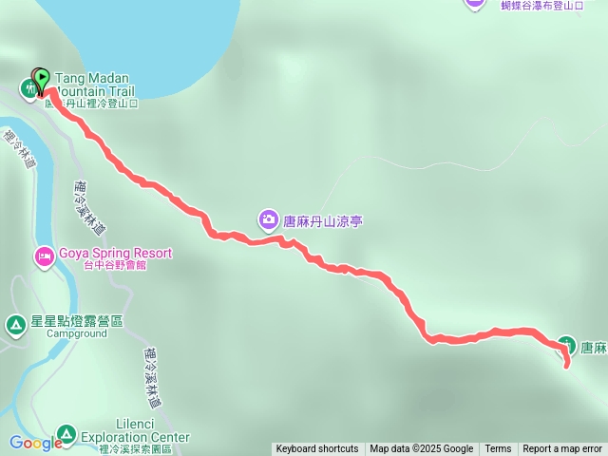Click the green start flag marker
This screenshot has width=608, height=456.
[x=42, y=77]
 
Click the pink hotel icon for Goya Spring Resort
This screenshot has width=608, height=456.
[x=45, y=256]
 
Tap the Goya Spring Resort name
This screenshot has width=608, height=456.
[x=115, y=253]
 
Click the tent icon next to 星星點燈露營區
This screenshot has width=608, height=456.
[x=16, y=325]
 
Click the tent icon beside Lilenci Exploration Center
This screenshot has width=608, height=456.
[x=66, y=435]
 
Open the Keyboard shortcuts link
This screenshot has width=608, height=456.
[x=317, y=449]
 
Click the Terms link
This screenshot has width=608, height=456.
[x=498, y=449]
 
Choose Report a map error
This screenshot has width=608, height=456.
[x=562, y=449]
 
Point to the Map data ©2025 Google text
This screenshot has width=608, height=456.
[x=422, y=449]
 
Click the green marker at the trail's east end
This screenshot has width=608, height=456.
[x=566, y=345]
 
